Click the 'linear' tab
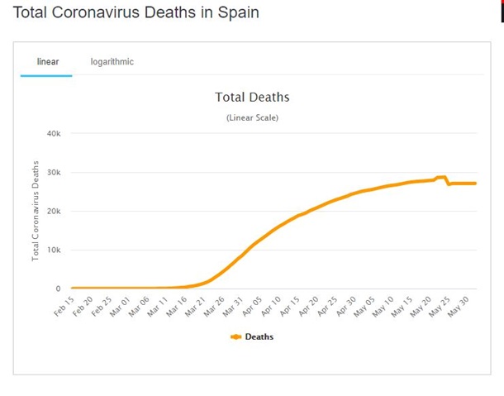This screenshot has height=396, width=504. pyautogui.click(x=47, y=62)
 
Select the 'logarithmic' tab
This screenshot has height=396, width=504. pyautogui.click(x=112, y=62)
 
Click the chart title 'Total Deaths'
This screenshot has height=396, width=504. pyautogui.click(x=252, y=98)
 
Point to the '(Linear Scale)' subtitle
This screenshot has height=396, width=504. pyautogui.click(x=252, y=117)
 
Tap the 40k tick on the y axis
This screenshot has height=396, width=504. pyautogui.click(x=54, y=133)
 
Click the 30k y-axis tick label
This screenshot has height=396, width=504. pyautogui.click(x=54, y=172)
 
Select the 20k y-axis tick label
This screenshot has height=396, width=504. pyautogui.click(x=54, y=211)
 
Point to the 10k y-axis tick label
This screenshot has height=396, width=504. pyautogui.click(x=54, y=250)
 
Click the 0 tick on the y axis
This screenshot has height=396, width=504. pyautogui.click(x=58, y=289)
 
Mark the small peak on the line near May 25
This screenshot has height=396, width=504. pyautogui.click(x=441, y=177)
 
